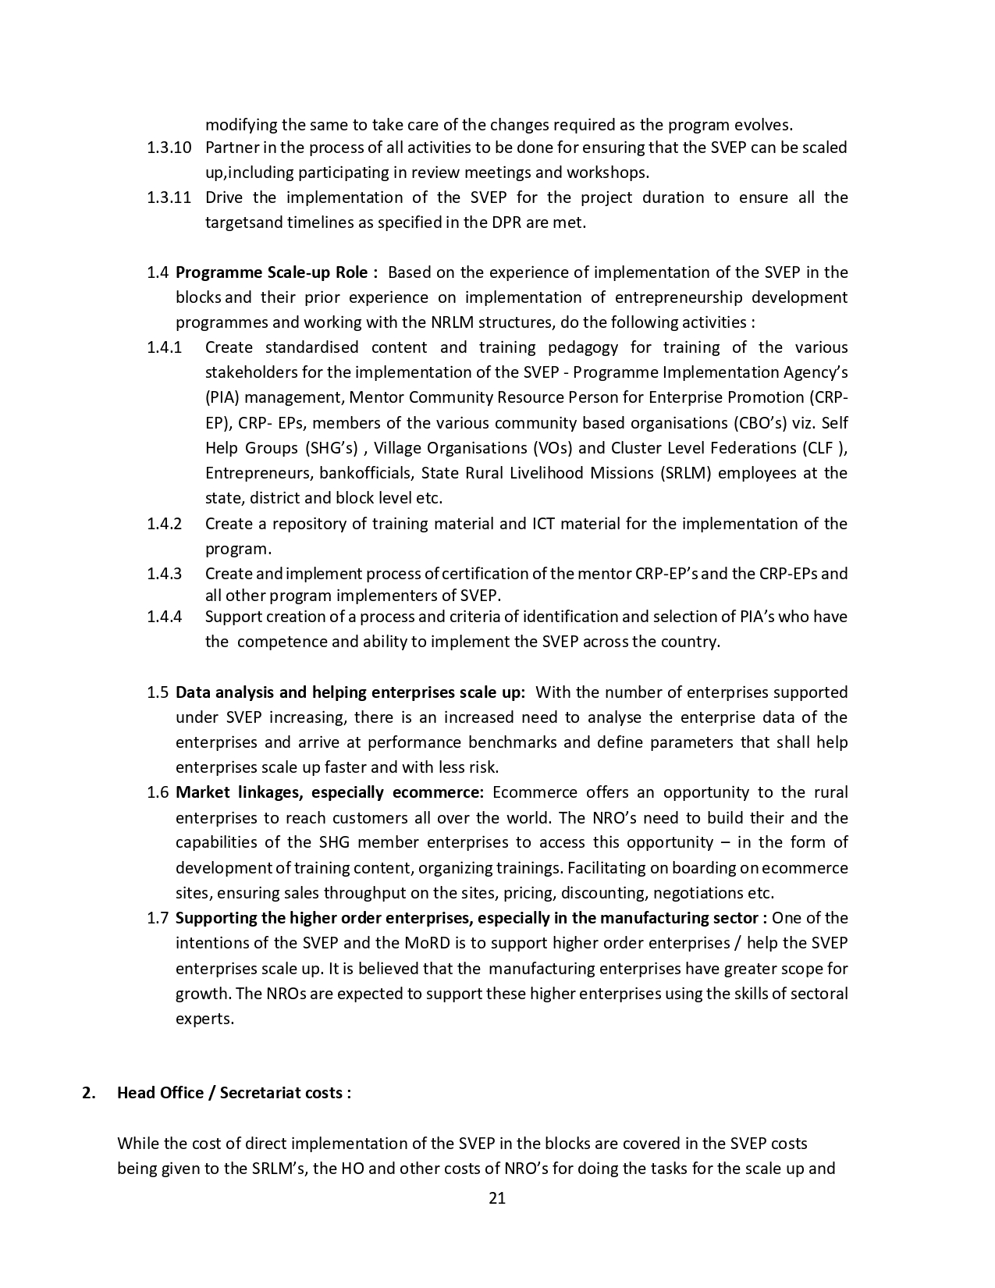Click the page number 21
pyautogui.click(x=497, y=1198)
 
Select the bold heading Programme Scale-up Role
pyautogui.click(x=276, y=272)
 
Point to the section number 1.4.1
pyautogui.click(x=165, y=347)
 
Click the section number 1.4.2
pyautogui.click(x=165, y=524)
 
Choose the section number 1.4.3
pyautogui.click(x=165, y=574)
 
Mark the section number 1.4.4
pyautogui.click(x=165, y=617)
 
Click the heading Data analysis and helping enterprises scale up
pyautogui.click(x=350, y=692)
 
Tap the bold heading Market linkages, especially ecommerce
pyautogui.click(x=329, y=793)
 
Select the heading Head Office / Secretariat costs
pyautogui.click(x=233, y=1093)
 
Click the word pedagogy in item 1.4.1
pyautogui.click(x=582, y=347)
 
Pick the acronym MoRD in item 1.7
pyautogui.click(x=426, y=943)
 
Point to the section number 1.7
pyautogui.click(x=158, y=918)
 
